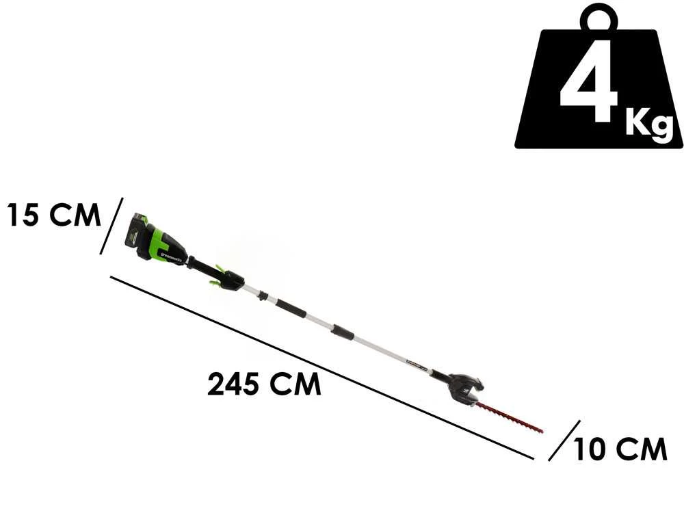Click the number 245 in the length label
(233, 385)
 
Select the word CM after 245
(295, 385)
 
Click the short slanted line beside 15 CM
(111, 226)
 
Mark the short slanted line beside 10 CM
(564, 440)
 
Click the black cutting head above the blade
(464, 386)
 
